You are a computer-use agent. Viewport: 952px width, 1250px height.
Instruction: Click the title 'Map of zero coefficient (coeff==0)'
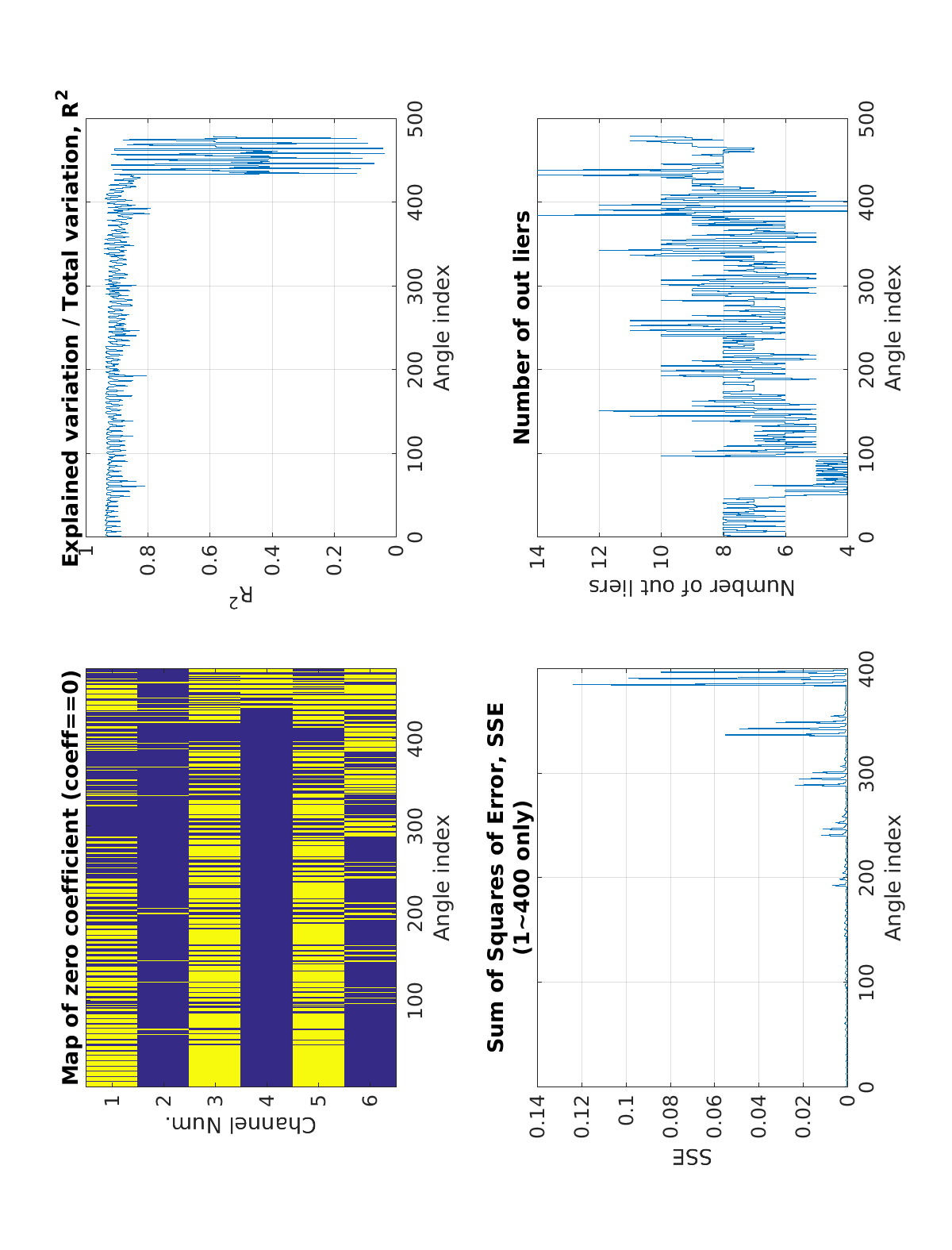click(71, 877)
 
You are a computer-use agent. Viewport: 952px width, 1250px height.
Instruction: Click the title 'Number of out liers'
click(522, 327)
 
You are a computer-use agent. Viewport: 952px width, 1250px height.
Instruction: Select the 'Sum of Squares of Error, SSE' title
click(496, 877)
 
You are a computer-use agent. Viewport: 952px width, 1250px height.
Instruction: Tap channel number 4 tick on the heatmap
click(267, 1101)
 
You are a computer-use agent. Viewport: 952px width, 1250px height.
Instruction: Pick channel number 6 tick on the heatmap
click(370, 1101)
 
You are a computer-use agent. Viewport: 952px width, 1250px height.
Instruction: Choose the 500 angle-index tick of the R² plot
click(415, 118)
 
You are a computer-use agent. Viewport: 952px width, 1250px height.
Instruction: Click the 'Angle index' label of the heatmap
click(442, 877)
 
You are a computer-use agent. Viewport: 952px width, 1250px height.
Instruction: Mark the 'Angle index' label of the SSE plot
click(893, 877)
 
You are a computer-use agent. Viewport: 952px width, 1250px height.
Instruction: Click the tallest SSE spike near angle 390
click(574, 684)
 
